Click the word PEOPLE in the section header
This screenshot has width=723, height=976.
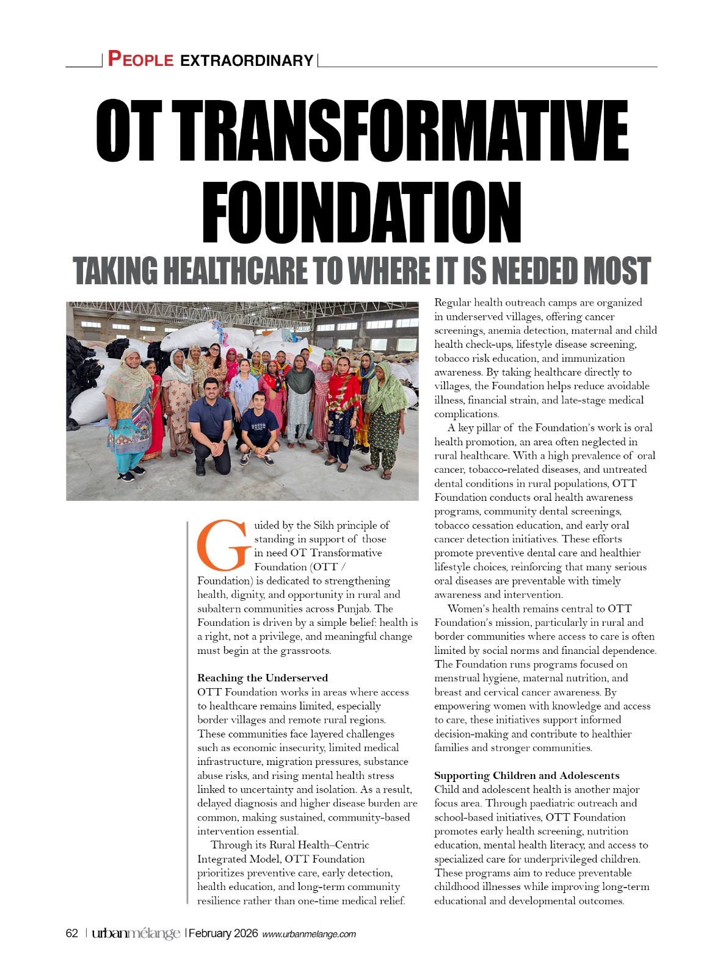click(x=140, y=59)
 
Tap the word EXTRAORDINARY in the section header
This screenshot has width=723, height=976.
click(x=247, y=60)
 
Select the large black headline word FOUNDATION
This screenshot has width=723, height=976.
click(x=361, y=212)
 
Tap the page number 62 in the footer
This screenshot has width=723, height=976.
click(x=72, y=933)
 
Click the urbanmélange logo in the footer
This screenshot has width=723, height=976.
click(x=136, y=933)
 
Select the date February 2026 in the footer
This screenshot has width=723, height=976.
click(x=223, y=933)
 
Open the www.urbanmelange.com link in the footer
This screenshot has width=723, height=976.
click(x=309, y=934)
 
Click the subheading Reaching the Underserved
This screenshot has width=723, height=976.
click(x=263, y=678)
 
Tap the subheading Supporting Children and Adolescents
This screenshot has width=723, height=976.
click(x=526, y=775)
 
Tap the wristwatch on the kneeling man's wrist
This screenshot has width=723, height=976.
click(x=223, y=440)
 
